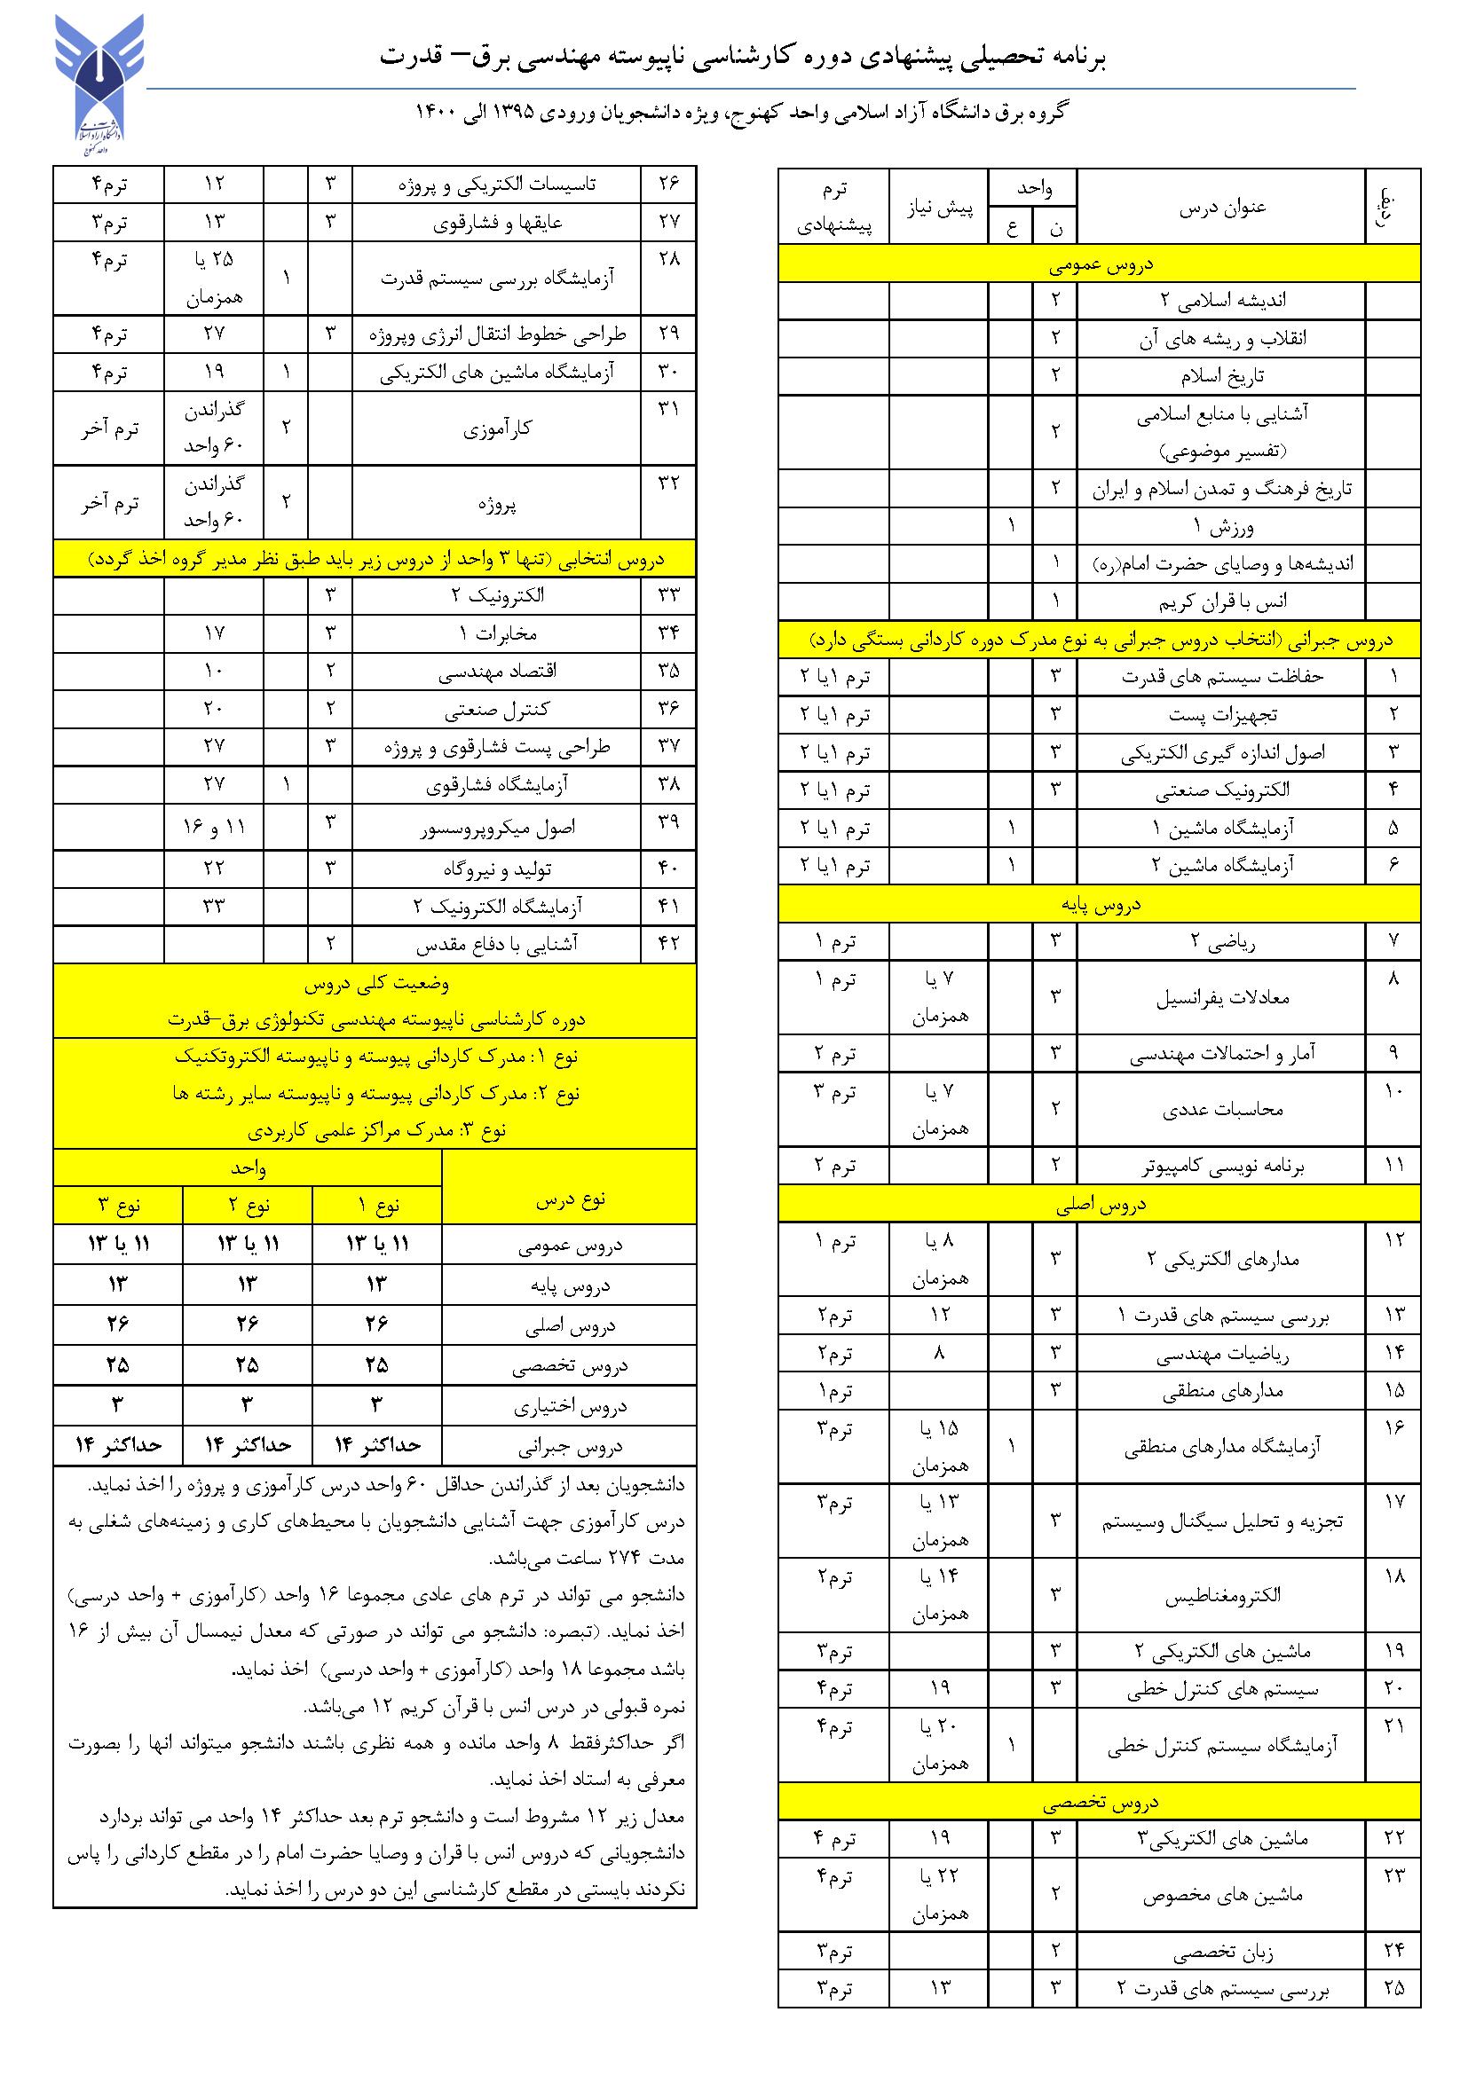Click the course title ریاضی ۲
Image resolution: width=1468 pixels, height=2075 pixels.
pos(1222,943)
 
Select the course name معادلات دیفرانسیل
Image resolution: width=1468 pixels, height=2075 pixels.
pos(1222,998)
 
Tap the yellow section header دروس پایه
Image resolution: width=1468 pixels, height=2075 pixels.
pos(1099,904)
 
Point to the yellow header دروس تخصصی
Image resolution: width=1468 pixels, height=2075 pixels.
pos(1099,1804)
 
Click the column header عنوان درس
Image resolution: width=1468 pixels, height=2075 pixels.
pos(1222,207)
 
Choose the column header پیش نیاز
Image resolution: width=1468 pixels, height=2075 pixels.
pos(939,207)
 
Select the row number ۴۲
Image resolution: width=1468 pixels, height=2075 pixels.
pos(668,943)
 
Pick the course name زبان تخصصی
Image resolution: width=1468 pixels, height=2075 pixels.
pos(1222,1955)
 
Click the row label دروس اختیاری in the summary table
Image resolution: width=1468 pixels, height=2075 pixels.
pos(569,1406)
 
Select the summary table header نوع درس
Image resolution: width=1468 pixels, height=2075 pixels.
pos(569,1200)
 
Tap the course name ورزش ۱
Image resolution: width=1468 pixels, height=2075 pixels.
pos(1222,526)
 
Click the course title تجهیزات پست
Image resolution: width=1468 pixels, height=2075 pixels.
pos(1222,715)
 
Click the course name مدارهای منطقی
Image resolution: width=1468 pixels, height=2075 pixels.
pos(1222,1391)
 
